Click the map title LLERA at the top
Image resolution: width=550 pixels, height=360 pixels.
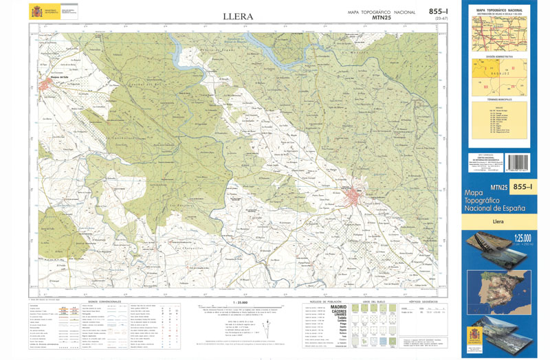pos(238,16)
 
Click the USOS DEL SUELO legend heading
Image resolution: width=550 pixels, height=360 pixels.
pos(375,302)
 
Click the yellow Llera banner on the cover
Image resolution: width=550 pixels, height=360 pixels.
pos(498,221)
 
